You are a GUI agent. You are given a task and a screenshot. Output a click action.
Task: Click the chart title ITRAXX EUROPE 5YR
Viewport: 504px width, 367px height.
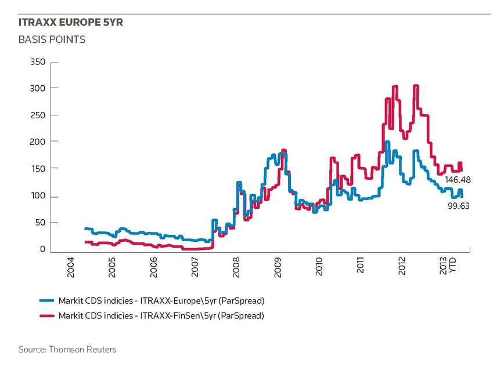(71, 22)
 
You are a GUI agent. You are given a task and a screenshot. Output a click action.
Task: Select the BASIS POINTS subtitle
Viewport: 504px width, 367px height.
(52, 39)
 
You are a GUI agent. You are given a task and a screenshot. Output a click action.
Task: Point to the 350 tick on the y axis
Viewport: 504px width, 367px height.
(38, 61)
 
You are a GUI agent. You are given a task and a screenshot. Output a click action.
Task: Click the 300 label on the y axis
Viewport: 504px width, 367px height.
(38, 88)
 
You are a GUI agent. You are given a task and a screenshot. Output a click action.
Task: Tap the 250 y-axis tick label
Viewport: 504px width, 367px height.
(38, 115)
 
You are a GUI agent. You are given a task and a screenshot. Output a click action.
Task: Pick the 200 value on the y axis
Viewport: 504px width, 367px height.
(38, 141)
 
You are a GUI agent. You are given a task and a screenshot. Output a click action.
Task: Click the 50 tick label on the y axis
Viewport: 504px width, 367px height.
(41, 222)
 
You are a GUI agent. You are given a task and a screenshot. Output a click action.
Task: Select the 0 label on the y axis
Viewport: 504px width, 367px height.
(43, 249)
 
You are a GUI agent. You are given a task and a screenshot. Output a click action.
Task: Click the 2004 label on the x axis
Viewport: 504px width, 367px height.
(70, 267)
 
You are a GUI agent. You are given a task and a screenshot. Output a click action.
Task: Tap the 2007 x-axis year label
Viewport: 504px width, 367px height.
(195, 267)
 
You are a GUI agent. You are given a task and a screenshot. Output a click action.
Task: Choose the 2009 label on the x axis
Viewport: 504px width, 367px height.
(278, 267)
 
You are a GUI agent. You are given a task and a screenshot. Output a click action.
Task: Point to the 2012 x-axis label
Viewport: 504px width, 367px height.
(402, 266)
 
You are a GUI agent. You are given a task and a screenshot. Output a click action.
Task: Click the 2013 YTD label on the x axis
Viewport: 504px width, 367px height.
(448, 266)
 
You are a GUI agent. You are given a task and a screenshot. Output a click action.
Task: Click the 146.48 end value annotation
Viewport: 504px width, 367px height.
(458, 180)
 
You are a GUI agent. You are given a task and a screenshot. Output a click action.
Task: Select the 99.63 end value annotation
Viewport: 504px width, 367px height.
(459, 206)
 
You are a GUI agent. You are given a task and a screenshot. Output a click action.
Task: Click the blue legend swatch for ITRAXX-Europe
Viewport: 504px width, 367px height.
(46, 301)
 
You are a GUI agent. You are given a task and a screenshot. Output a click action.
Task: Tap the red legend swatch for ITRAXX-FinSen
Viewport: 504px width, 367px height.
(46, 316)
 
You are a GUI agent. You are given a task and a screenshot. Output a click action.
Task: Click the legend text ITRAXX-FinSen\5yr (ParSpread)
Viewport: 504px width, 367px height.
(202, 316)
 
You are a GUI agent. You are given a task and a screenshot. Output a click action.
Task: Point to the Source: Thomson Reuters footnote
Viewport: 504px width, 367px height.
(67, 350)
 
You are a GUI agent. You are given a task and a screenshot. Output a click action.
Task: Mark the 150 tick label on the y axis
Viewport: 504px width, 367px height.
(38, 169)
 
